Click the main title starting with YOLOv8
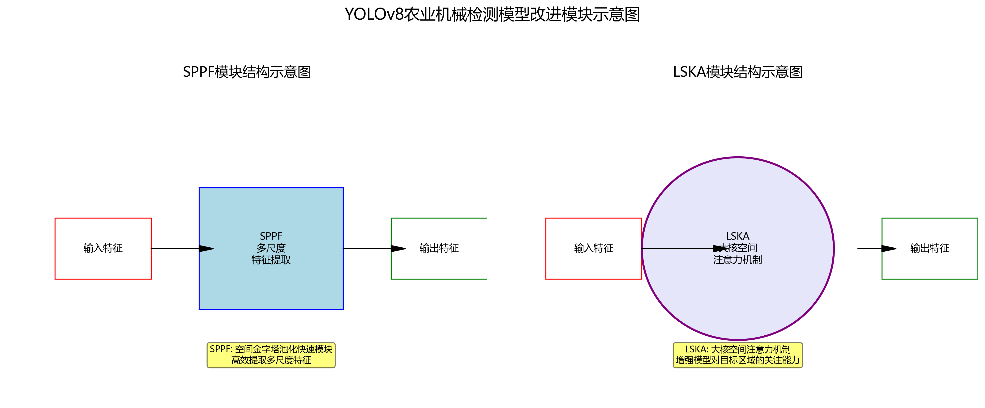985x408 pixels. pyautogui.click(x=492, y=14)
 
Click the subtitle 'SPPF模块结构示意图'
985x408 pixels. pyautogui.click(x=247, y=72)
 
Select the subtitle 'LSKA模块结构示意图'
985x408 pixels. pyautogui.click(x=738, y=72)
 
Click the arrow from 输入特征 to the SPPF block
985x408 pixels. pyautogui.click(x=180, y=248)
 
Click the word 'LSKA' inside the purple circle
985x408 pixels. pyautogui.click(x=738, y=236)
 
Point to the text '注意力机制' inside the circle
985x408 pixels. pyautogui.click(x=738, y=260)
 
